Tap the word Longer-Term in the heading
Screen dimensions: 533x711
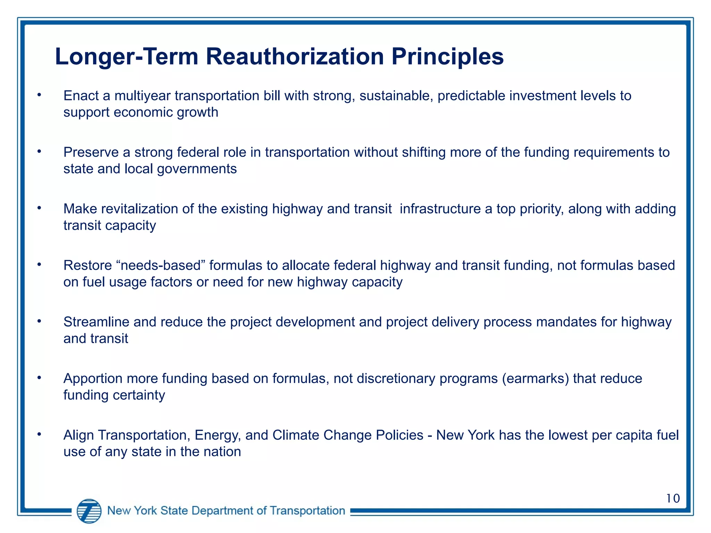point(126,57)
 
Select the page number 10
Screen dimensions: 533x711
point(673,498)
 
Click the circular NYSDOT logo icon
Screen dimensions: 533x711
point(89,511)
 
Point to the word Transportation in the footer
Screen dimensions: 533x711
point(307,510)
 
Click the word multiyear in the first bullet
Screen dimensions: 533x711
point(142,96)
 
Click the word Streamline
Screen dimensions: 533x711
point(96,322)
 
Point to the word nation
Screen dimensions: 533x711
point(222,452)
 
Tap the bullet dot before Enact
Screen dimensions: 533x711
point(39,95)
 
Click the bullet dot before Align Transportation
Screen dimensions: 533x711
point(39,434)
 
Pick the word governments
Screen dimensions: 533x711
point(197,169)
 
